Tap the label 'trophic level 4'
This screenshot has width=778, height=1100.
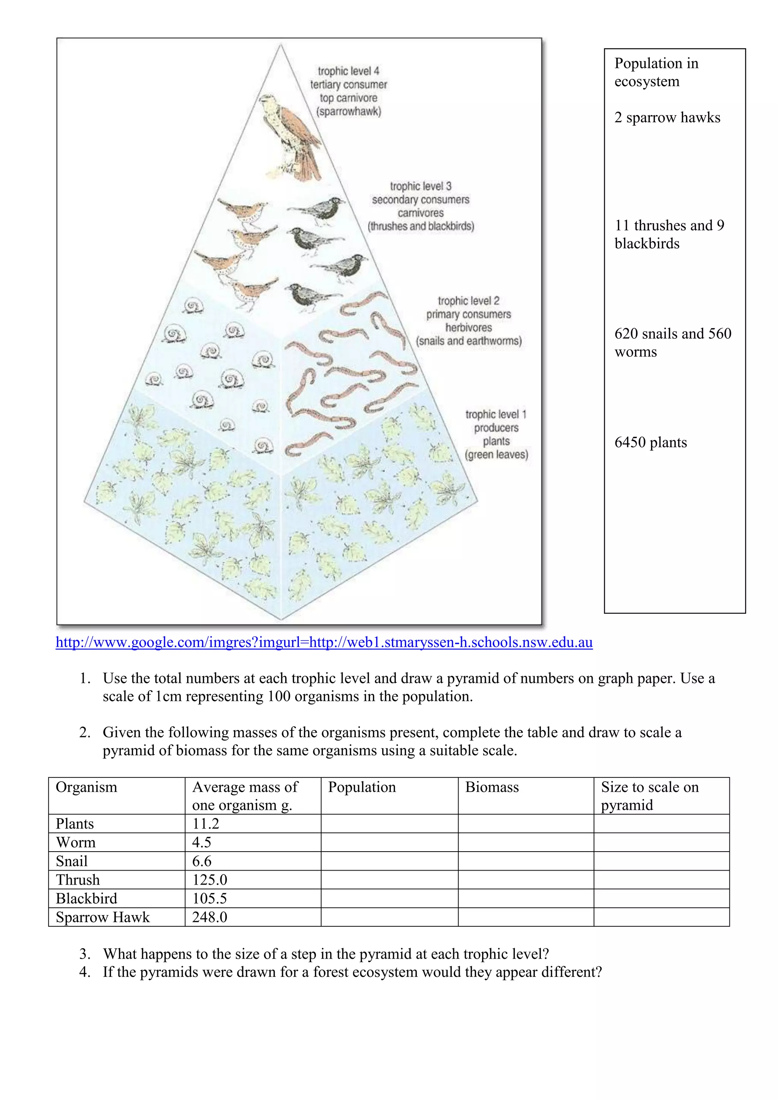click(348, 71)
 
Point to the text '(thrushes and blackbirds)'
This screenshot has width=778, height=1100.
click(421, 226)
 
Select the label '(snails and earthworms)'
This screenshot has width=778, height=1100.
click(468, 341)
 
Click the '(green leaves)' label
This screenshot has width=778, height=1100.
click(496, 455)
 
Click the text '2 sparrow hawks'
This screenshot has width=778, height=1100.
click(667, 117)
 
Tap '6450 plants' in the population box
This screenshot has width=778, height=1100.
click(651, 442)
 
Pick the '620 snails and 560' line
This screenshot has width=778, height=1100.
click(673, 333)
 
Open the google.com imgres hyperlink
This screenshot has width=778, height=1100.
click(324, 642)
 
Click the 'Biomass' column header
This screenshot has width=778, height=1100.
click(492, 787)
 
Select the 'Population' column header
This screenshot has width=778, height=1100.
click(362, 787)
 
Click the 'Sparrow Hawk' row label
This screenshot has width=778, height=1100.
click(103, 917)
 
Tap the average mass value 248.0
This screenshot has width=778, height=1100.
click(209, 917)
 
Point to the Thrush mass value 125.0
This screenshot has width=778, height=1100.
click(209, 880)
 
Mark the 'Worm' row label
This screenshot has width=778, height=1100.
click(76, 842)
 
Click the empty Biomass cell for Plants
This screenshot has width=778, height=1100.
click(525, 823)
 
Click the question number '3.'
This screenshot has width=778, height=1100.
click(85, 954)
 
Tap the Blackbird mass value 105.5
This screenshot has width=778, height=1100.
click(209, 898)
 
